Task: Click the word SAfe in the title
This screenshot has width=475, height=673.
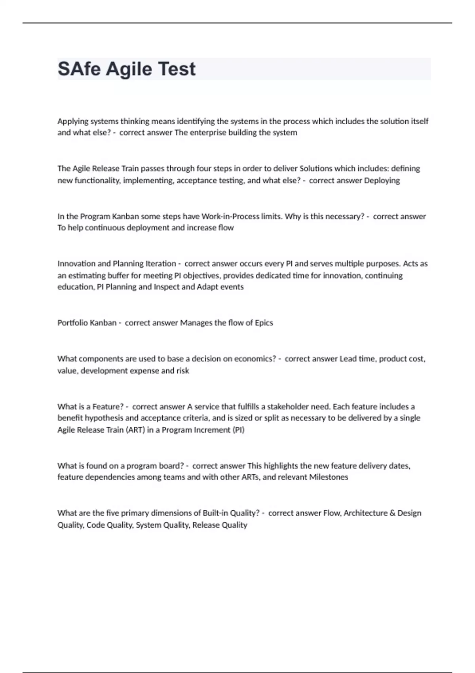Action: (x=80, y=69)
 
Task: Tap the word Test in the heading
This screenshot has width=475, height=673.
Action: (x=177, y=69)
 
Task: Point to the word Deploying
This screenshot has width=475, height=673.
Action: (x=382, y=181)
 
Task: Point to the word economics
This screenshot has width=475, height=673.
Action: (x=255, y=359)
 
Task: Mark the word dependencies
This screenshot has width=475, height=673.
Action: (x=108, y=477)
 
